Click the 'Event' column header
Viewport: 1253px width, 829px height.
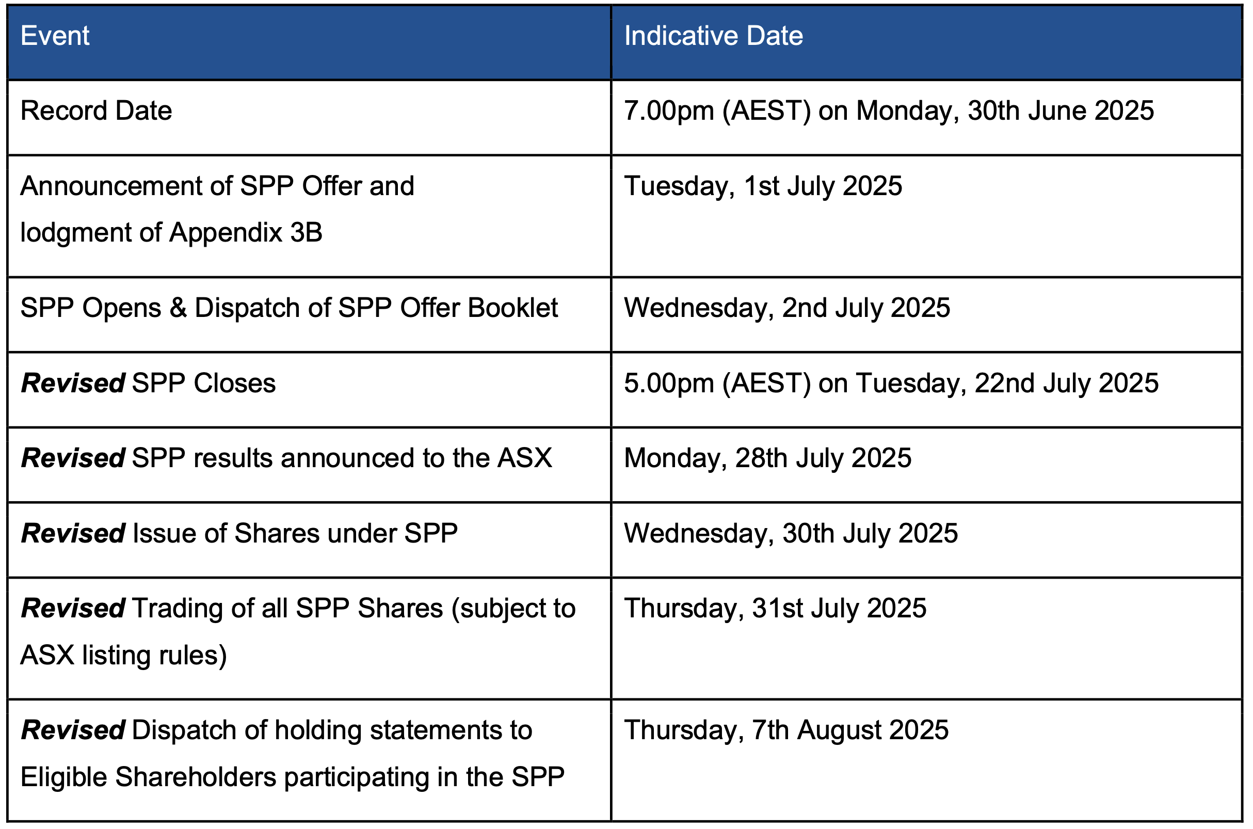(x=55, y=36)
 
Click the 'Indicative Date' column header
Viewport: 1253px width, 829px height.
(x=713, y=36)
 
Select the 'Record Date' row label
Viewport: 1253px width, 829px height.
(x=96, y=111)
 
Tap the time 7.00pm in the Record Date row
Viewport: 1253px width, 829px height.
(x=669, y=111)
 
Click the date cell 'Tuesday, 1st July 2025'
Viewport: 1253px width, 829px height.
(x=763, y=186)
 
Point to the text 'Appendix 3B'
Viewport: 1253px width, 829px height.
(x=246, y=233)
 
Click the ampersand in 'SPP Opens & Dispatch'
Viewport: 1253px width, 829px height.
(x=178, y=308)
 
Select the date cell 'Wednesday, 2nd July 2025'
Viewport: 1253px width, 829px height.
(x=788, y=308)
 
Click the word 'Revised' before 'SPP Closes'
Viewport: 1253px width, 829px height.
(x=73, y=384)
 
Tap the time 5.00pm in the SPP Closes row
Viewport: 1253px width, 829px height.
(x=669, y=384)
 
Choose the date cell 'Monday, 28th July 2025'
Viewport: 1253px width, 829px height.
(x=768, y=458)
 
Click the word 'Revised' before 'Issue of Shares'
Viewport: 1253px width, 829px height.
(x=73, y=533)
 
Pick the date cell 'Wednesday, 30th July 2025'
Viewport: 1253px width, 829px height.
(x=791, y=533)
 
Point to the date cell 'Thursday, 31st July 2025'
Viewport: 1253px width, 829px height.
(x=775, y=609)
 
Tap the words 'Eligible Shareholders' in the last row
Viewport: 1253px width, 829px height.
(x=149, y=778)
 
